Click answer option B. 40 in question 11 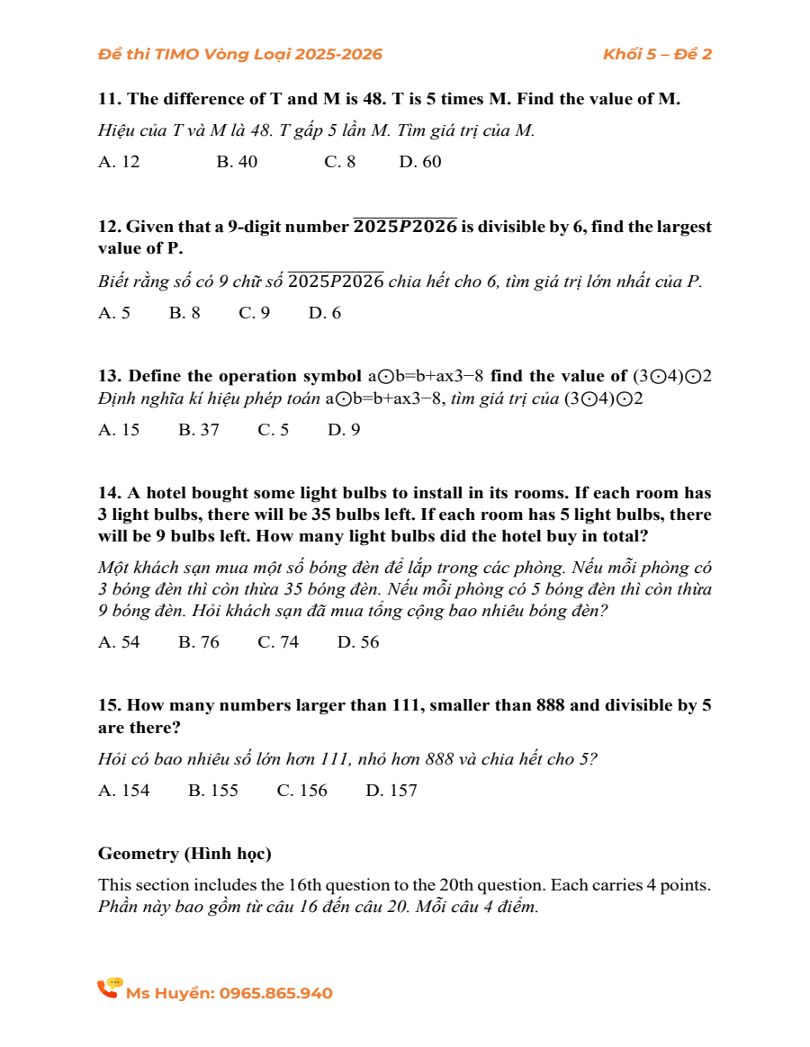click(237, 162)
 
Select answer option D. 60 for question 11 click(420, 162)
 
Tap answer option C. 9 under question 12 click(254, 313)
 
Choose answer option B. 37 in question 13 click(199, 430)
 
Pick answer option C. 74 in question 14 click(278, 642)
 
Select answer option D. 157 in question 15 click(391, 791)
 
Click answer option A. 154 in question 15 click(124, 791)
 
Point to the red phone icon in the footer click(109, 989)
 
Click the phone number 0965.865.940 click(276, 994)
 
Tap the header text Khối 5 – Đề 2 click(657, 54)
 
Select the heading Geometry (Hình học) click(184, 853)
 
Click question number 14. click(109, 493)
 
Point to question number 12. click(109, 228)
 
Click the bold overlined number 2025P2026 click(405, 227)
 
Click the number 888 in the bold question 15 click(550, 705)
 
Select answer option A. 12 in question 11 click(119, 162)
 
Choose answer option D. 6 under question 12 click(324, 313)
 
